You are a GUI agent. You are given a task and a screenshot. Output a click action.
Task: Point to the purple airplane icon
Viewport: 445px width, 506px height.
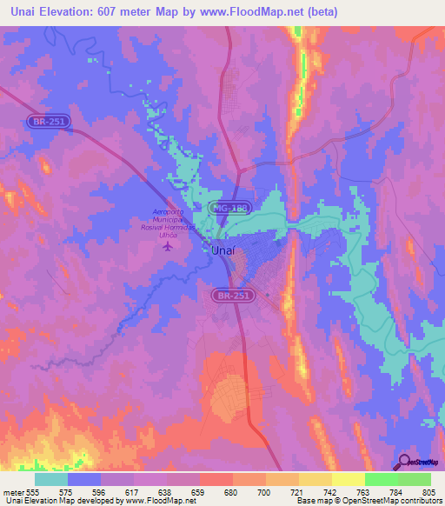pyautogui.click(x=169, y=246)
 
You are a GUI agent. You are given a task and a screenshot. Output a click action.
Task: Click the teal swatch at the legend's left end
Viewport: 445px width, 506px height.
pyautogui.click(x=51, y=479)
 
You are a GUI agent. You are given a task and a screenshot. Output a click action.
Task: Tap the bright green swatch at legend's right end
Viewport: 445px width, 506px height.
pyautogui.click(x=415, y=479)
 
